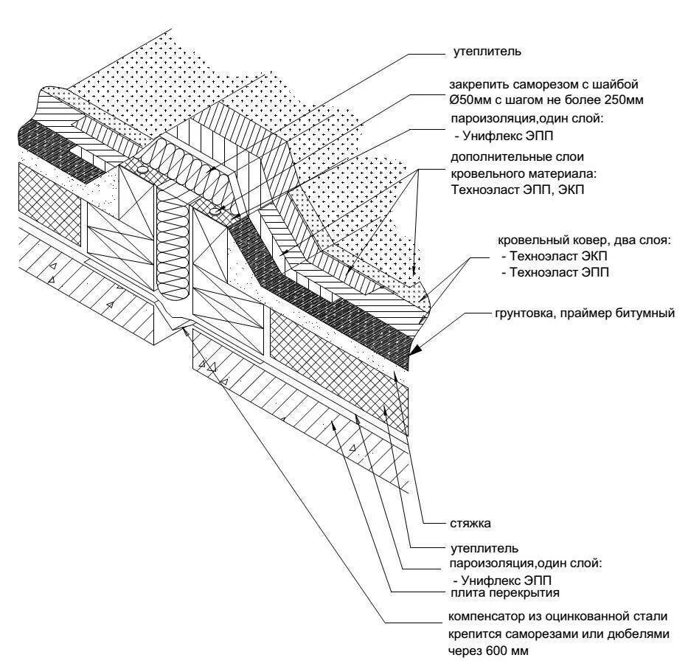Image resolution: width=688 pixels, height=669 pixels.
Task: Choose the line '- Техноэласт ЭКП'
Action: [555, 257]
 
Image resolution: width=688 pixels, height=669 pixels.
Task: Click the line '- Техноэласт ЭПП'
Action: [555, 272]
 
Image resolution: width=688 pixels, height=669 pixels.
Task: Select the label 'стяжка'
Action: [470, 524]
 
